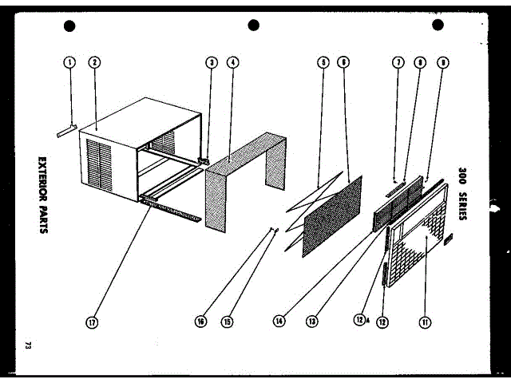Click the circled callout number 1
coord(70,61)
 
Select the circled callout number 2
coord(94,61)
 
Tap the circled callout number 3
coord(211,61)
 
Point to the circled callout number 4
coord(232,61)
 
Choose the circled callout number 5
coord(323,61)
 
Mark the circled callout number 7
coord(398,61)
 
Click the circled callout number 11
coord(424,322)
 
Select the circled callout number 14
coord(279,322)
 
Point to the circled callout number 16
coord(200,322)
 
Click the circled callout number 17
coord(93,322)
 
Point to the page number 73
coord(29,345)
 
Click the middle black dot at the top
coord(254,26)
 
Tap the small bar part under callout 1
coord(66,128)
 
